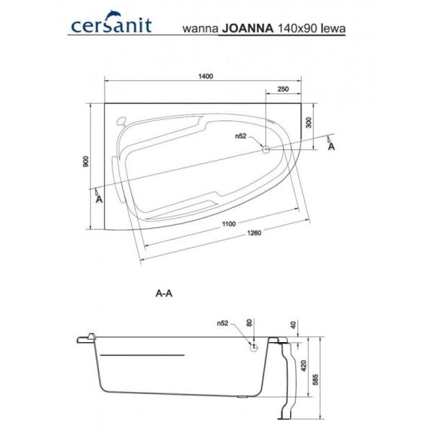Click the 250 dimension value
pos(283,89)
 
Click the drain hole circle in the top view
pos(265,150)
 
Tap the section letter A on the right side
pos(331,147)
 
